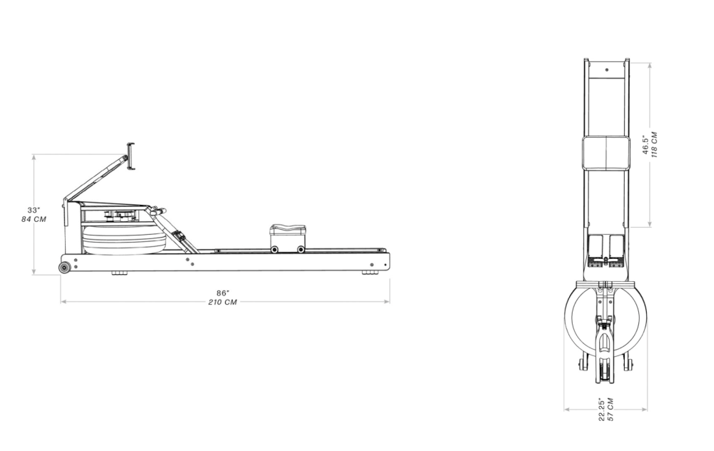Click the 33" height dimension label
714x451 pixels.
click(x=34, y=211)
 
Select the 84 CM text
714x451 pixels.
click(x=34, y=219)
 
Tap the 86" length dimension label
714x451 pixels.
click(x=223, y=293)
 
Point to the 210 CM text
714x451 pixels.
click(x=223, y=302)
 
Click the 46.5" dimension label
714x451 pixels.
click(x=645, y=145)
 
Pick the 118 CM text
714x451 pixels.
click(x=654, y=145)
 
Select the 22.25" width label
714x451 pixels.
click(x=602, y=410)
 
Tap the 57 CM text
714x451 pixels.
click(x=610, y=410)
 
